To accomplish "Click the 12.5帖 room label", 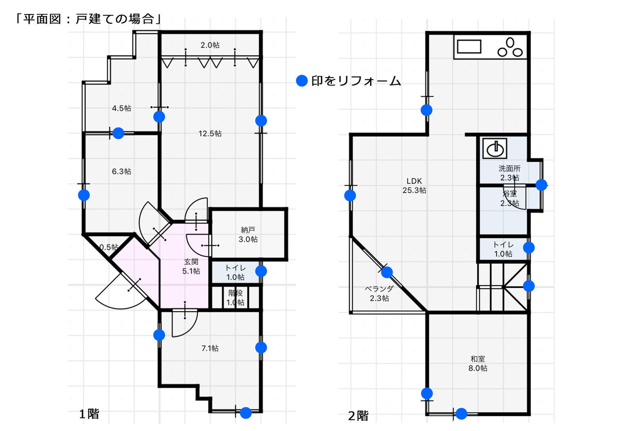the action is point(210,134).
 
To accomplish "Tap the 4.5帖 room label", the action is point(121,108).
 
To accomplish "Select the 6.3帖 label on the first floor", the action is point(121,172).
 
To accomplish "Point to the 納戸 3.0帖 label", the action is point(248,234).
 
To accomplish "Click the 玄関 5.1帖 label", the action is point(191,266).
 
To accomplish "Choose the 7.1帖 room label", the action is point(210,348).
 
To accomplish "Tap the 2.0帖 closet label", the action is point(210,45).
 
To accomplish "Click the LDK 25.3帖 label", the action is point(414,186).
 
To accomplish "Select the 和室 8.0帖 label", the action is point(478,364).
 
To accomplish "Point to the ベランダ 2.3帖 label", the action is point(379,294).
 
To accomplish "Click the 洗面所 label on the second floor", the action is point(509,168).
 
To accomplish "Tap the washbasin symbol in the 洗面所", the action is point(495,148).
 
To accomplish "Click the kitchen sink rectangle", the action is point(469,47).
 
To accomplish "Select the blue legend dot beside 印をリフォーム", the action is point(302,81).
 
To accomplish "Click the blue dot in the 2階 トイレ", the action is point(529,248).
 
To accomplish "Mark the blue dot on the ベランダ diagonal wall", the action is point(387,272).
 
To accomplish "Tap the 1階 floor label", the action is point(89,414).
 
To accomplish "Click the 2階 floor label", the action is point(358,415).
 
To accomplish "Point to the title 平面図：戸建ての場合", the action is point(88,19).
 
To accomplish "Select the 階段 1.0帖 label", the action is point(235,298).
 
